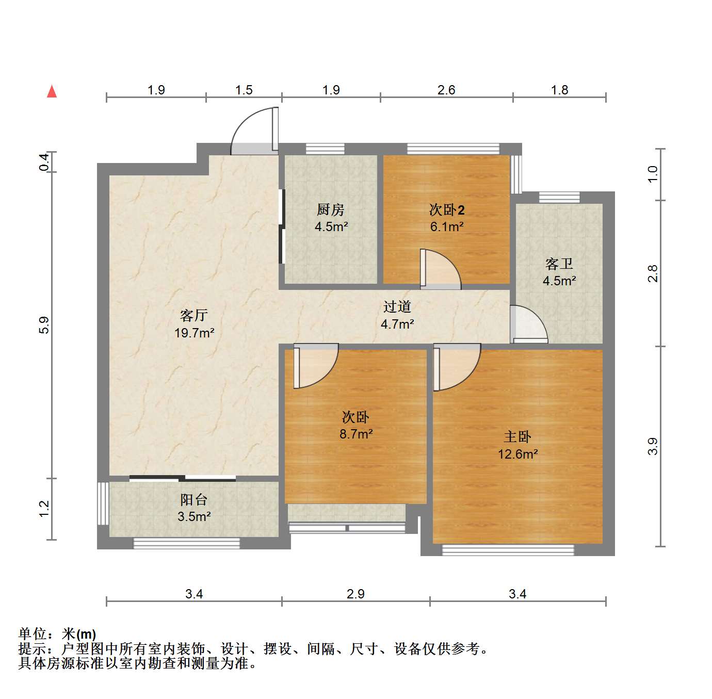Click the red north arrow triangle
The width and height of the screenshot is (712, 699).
[52, 92]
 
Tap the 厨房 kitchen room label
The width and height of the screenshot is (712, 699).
[331, 209]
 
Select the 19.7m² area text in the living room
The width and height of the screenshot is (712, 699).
[195, 333]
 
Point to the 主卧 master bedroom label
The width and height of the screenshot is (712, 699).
[517, 437]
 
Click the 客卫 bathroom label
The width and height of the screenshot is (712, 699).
[559, 264]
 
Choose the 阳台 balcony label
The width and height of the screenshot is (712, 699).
[194, 500]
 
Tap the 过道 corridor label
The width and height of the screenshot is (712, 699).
[397, 306]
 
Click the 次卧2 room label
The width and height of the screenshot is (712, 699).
[447, 210]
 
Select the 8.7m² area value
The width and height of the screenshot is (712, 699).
[356, 434]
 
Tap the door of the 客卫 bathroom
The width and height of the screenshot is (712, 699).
[528, 324]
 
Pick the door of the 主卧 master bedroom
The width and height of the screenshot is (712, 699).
[457, 367]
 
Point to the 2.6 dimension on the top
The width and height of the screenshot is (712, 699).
[446, 90]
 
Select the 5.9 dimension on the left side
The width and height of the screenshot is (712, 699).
[44, 325]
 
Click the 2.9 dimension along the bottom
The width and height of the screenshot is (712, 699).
[355, 594]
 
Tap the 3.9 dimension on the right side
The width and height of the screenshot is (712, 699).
[653, 446]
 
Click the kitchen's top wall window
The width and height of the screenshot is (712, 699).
[325, 149]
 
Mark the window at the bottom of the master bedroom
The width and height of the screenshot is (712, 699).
[508, 550]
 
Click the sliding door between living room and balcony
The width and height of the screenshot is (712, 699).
[183, 478]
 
